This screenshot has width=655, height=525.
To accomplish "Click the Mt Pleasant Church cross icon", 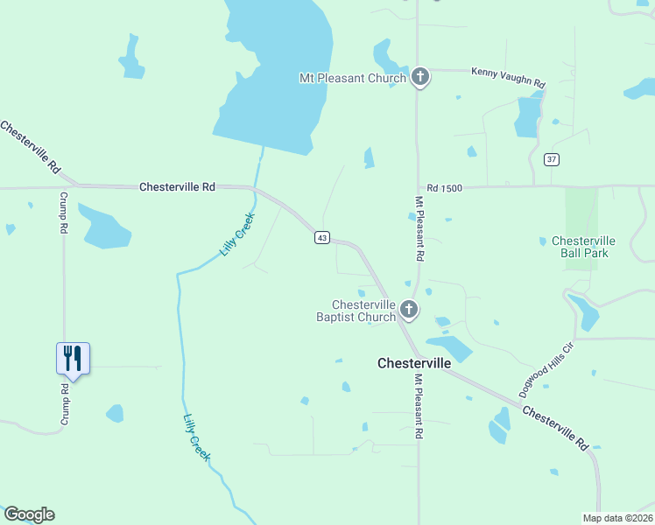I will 420,78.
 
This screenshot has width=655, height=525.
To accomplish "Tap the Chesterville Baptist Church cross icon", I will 408,310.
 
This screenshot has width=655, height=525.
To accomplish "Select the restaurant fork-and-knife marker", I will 74,358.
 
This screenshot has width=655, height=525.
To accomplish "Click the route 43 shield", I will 322,238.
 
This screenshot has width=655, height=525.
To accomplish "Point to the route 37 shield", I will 551,158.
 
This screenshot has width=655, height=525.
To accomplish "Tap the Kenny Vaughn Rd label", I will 508,77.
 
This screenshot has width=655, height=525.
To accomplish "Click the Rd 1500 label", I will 444,188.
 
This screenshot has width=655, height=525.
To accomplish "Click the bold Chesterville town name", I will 414,362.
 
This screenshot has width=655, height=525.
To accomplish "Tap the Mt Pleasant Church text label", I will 353,78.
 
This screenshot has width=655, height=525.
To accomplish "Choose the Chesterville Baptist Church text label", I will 356,311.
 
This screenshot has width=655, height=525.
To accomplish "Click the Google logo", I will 29,514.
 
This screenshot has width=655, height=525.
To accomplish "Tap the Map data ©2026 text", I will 616,518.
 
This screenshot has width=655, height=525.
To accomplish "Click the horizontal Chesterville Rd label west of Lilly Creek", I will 177,186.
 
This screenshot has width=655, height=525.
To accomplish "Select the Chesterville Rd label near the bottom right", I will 556,427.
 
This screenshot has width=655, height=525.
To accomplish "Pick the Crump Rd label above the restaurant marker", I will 63,213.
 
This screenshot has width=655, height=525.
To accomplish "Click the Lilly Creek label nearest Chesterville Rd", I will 236,234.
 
